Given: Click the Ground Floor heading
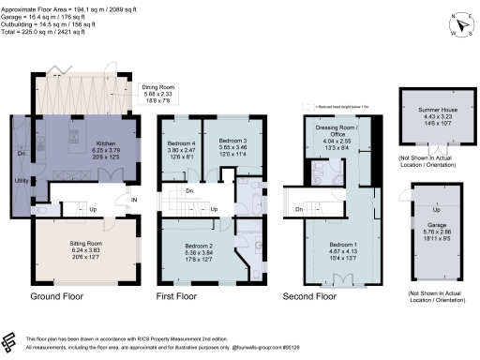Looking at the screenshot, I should (x=59, y=295).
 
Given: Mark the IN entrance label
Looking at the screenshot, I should (x=133, y=198).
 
